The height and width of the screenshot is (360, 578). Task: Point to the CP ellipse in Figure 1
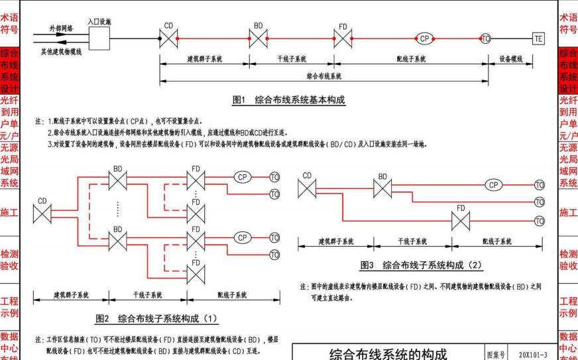click(424, 38)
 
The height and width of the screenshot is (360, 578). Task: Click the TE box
click(538, 39)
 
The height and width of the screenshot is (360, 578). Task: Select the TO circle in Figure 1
click(486, 39)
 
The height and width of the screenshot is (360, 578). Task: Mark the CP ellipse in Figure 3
click(494, 185)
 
